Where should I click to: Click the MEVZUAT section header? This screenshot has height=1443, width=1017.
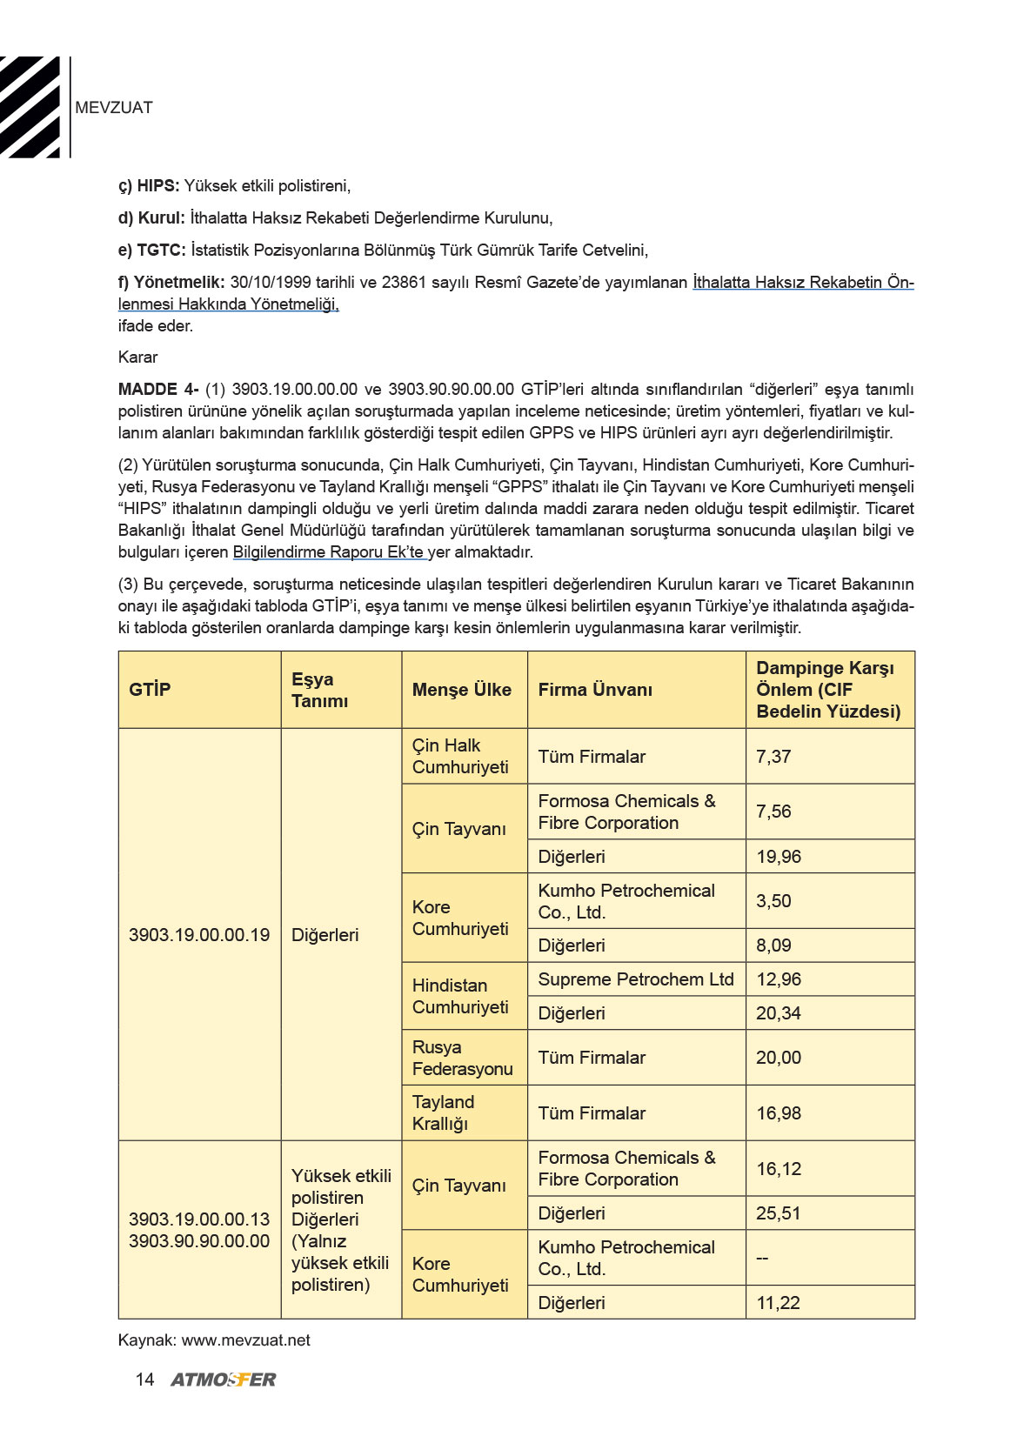[x=114, y=108]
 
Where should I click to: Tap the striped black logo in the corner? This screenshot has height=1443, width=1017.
[x=30, y=107]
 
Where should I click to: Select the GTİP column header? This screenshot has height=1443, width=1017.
[x=150, y=690]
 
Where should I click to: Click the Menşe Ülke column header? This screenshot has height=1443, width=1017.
[x=461, y=690]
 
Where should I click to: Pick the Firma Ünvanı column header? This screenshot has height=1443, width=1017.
[x=595, y=690]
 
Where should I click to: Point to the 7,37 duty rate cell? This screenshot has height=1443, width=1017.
[x=773, y=757]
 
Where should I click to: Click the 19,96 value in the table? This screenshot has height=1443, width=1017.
[x=779, y=857]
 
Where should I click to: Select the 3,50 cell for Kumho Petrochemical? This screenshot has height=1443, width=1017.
[x=773, y=901]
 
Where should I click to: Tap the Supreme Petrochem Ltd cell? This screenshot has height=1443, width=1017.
[x=636, y=979]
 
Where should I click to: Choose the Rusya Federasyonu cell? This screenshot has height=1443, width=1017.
[x=462, y=1058]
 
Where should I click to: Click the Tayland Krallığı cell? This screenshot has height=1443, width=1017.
[x=443, y=1112]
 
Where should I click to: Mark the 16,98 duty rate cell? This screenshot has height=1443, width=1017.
[x=779, y=1113]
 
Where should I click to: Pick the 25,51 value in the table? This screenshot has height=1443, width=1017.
[x=779, y=1213]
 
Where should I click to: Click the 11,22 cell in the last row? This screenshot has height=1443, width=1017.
[x=778, y=1303]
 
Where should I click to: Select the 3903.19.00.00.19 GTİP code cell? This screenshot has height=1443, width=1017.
[x=199, y=935]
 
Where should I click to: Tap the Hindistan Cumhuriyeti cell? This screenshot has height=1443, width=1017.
[x=460, y=996]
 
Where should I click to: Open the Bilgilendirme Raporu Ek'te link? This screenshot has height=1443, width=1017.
[x=329, y=552]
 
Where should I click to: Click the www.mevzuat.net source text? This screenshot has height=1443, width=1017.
[x=245, y=1340]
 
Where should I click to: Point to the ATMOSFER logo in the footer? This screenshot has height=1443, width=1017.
[x=224, y=1380]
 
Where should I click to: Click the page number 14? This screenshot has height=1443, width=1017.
[x=144, y=1380]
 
